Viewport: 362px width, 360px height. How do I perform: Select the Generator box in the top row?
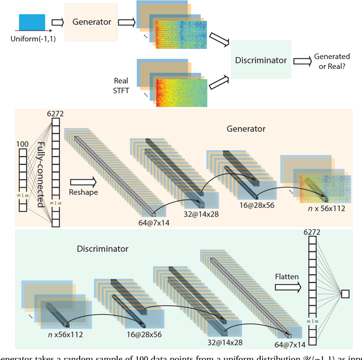[x=92, y=22]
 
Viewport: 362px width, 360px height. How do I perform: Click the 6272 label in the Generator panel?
[x=55, y=114]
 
